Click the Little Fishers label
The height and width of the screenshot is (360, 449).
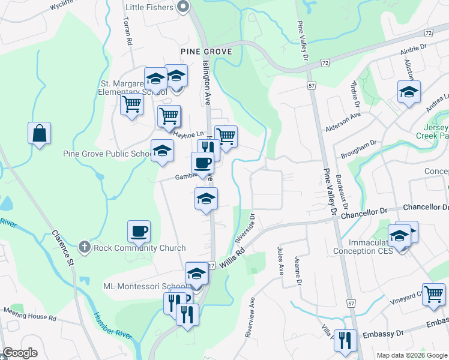pyautogui.click(x=149, y=7)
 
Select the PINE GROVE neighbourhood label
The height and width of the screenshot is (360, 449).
pyautogui.click(x=206, y=52)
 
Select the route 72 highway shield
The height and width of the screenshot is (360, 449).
pyautogui.click(x=325, y=62)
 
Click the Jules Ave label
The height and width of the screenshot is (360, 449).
pyautogui.click(x=280, y=259)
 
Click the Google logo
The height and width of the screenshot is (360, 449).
pyautogui.click(x=20, y=353)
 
